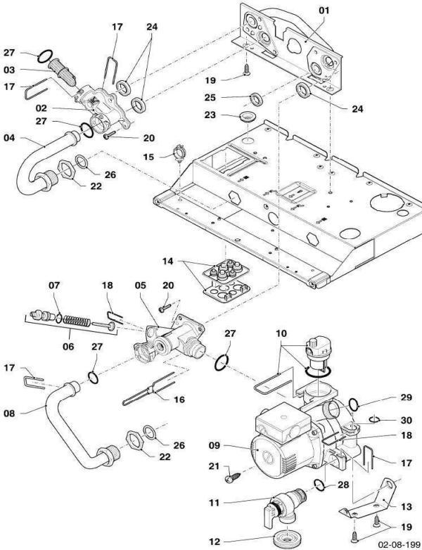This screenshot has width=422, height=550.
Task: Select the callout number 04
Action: click(x=9, y=138)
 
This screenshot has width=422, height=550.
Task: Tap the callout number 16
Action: click(x=179, y=399)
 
